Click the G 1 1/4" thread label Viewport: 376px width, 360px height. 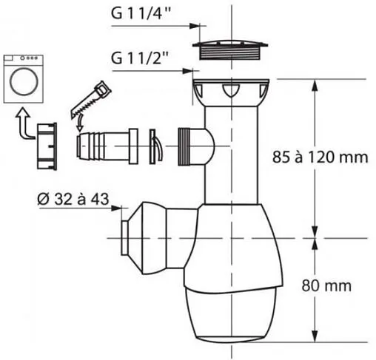pyautogui.click(x=141, y=13)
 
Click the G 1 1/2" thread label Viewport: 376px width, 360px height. pyautogui.click(x=140, y=58)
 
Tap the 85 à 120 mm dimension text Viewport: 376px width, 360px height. pyautogui.click(x=320, y=157)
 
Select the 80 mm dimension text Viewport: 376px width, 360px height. pyautogui.click(x=326, y=285)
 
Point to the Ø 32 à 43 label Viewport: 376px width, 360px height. pyautogui.click(x=73, y=199)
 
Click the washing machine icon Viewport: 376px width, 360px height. pyautogui.click(x=24, y=79)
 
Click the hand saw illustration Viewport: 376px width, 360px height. pyautogui.click(x=90, y=100)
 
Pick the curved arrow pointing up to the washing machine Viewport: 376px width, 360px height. pyautogui.click(x=24, y=123)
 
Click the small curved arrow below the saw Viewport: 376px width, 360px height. pyautogui.click(x=80, y=124)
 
